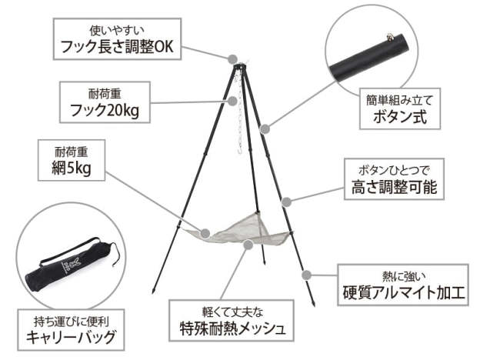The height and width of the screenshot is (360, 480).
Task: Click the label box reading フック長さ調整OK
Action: tap(117, 39)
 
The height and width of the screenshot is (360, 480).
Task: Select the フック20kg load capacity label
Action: tap(105, 102)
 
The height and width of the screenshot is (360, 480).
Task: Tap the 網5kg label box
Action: tap(72, 160)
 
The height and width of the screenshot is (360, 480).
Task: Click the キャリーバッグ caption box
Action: tap(71, 330)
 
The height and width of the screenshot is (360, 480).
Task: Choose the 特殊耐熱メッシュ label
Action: tap(232, 321)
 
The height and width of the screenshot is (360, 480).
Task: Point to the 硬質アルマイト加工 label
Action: tap(403, 285)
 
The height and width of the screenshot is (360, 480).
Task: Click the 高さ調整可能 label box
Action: tap(394, 179)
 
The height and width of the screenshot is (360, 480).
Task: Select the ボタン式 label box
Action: tap(400, 108)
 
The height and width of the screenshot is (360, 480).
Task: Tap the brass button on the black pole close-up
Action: tap(390, 38)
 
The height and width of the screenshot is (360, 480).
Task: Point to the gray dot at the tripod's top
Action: tap(232, 58)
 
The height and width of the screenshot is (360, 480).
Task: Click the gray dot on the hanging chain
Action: tap(232, 101)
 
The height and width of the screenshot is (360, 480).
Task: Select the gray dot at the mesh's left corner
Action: tap(205, 234)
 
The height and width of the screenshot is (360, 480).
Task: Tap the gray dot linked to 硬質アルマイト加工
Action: tap(306, 275)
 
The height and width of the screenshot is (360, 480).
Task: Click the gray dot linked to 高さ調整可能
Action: tap(286, 202)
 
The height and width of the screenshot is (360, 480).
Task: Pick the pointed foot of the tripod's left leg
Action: tap(154, 291)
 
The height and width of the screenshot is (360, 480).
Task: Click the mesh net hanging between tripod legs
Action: tap(242, 229)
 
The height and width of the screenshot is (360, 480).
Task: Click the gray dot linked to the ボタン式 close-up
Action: tap(265, 128)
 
